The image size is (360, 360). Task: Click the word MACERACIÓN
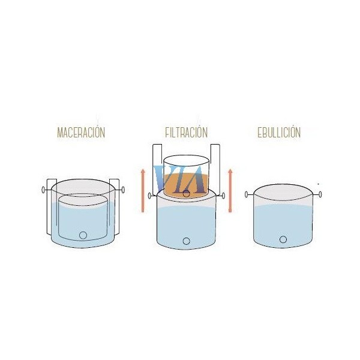click(x=81, y=132)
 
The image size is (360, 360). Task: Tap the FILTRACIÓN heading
click(x=187, y=132)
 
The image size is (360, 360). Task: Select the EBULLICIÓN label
click(x=279, y=132)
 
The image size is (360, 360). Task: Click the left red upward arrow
click(x=143, y=191)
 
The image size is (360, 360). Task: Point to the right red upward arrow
click(x=230, y=191)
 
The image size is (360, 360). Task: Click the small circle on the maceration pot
click(x=83, y=235)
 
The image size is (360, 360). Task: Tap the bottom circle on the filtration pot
click(x=187, y=241)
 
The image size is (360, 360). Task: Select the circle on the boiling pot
click(x=283, y=239)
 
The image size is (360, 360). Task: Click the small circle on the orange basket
click(x=187, y=193)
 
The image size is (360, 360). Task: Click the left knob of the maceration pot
click(x=43, y=190)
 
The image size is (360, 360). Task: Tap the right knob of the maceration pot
click(x=123, y=190)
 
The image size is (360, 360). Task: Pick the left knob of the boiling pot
click(x=247, y=194)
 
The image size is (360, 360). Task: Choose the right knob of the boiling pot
click(x=320, y=194)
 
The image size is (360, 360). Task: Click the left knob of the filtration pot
click(x=149, y=196)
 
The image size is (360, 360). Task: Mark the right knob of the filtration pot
click(x=223, y=196)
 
